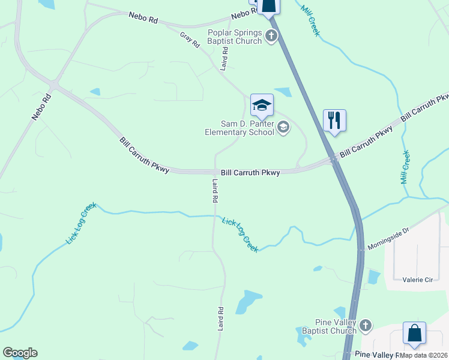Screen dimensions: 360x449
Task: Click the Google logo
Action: [20, 353]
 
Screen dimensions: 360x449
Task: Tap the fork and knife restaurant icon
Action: [334, 120]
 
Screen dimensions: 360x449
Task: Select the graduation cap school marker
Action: [262, 106]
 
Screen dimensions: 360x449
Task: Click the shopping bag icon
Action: [414, 333]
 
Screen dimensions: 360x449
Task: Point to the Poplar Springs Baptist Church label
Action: [235, 37]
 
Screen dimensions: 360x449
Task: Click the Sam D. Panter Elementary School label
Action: [239, 128]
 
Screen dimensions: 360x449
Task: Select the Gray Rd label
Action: [190, 40]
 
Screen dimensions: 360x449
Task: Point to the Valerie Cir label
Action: [414, 279]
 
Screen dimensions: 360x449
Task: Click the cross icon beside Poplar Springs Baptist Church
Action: [271, 37]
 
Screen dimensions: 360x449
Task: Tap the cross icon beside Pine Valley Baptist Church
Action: [366, 326]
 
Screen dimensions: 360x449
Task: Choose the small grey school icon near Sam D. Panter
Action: [283, 127]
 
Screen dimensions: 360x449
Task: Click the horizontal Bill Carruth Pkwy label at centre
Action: [250, 173]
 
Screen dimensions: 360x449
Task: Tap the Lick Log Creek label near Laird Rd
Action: [240, 235]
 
